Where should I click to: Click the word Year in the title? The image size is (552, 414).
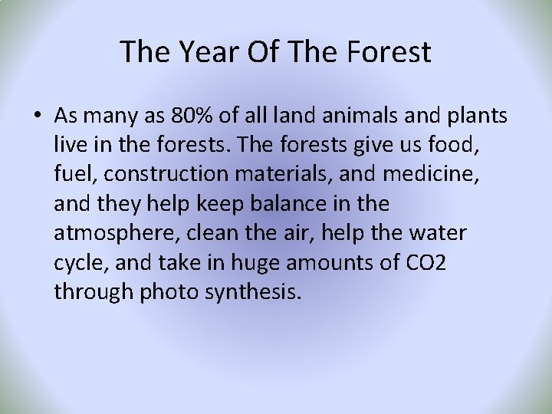coord(207,52)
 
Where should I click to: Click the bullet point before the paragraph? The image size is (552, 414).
coord(37,116)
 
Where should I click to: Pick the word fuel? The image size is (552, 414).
coord(73,175)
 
